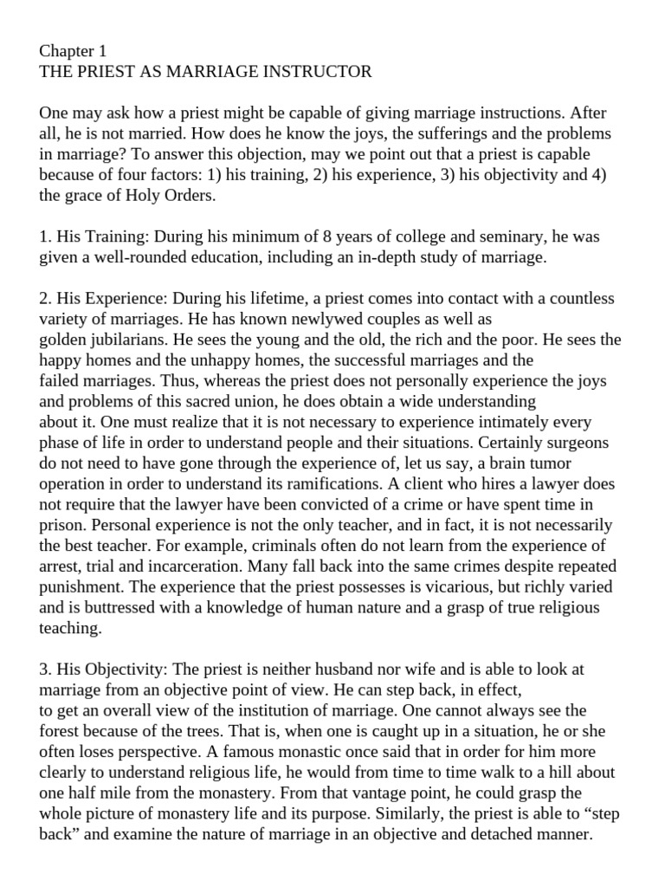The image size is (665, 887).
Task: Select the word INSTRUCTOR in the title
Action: pyautogui.click(x=320, y=72)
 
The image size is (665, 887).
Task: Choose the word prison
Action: pyautogui.click(x=63, y=525)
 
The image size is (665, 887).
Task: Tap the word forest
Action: pyautogui.click(x=62, y=732)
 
